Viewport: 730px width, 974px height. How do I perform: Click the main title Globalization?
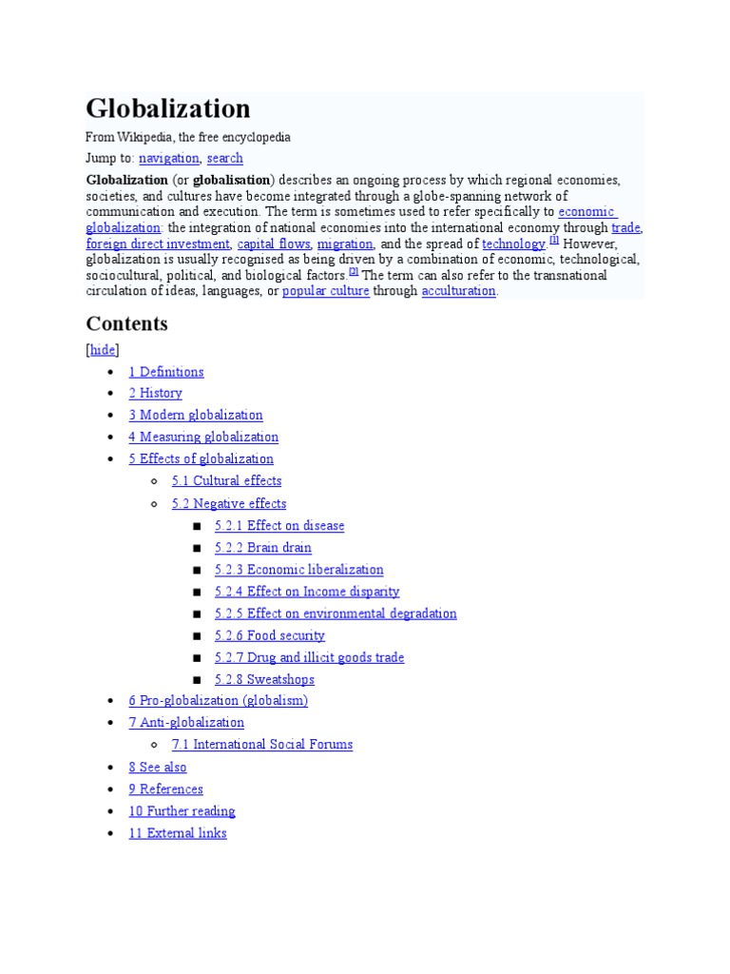coord(168,108)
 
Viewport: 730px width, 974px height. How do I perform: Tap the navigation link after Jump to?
coord(169,159)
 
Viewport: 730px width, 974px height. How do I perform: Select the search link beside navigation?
coord(224,159)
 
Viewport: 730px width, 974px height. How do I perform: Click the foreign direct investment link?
coord(158,244)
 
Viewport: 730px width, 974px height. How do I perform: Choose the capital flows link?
coord(274,244)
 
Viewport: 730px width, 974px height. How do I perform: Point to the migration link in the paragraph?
coord(345,244)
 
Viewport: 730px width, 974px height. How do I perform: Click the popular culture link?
coord(325,291)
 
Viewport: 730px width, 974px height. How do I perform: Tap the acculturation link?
coord(459,291)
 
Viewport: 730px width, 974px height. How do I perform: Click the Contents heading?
coord(126,323)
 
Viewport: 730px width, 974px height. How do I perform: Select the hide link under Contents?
coord(103,350)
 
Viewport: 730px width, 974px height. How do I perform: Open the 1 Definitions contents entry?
coord(166,372)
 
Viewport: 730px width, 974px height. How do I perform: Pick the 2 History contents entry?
coord(155,394)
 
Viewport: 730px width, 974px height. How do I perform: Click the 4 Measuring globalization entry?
coord(203,438)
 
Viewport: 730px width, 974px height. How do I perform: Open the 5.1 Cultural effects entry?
coord(226,481)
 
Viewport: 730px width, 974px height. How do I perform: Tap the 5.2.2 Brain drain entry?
coord(263,548)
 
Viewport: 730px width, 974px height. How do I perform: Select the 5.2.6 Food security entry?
coord(270,635)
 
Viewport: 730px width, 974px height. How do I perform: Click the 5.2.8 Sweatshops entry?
coord(264,680)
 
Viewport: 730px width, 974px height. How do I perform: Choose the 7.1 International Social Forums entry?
coord(261,745)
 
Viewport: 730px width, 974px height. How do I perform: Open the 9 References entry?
coord(165,789)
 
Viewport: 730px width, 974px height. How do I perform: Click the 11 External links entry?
coord(178,833)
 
